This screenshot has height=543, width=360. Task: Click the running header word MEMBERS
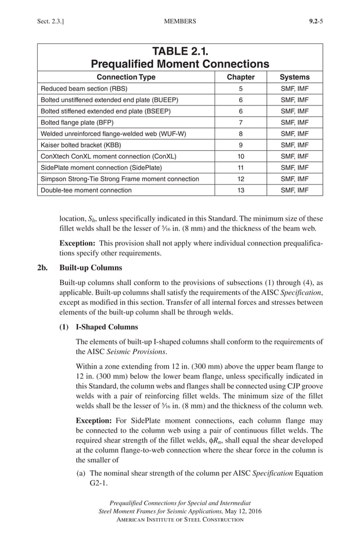(179, 21)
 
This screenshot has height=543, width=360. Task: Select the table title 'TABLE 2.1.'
(180, 51)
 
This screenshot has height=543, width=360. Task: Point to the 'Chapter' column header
(240, 77)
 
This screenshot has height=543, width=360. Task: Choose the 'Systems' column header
(295, 77)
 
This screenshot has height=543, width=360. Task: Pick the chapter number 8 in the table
(240, 134)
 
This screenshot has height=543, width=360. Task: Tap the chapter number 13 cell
(240, 190)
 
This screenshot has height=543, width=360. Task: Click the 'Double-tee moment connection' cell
(86, 190)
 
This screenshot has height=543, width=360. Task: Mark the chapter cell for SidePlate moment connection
(240, 168)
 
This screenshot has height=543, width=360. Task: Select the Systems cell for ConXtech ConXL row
(295, 156)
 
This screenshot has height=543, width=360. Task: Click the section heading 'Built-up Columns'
(90, 267)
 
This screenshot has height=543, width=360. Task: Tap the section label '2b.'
(42, 267)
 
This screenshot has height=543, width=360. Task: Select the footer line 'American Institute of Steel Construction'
(180, 519)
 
